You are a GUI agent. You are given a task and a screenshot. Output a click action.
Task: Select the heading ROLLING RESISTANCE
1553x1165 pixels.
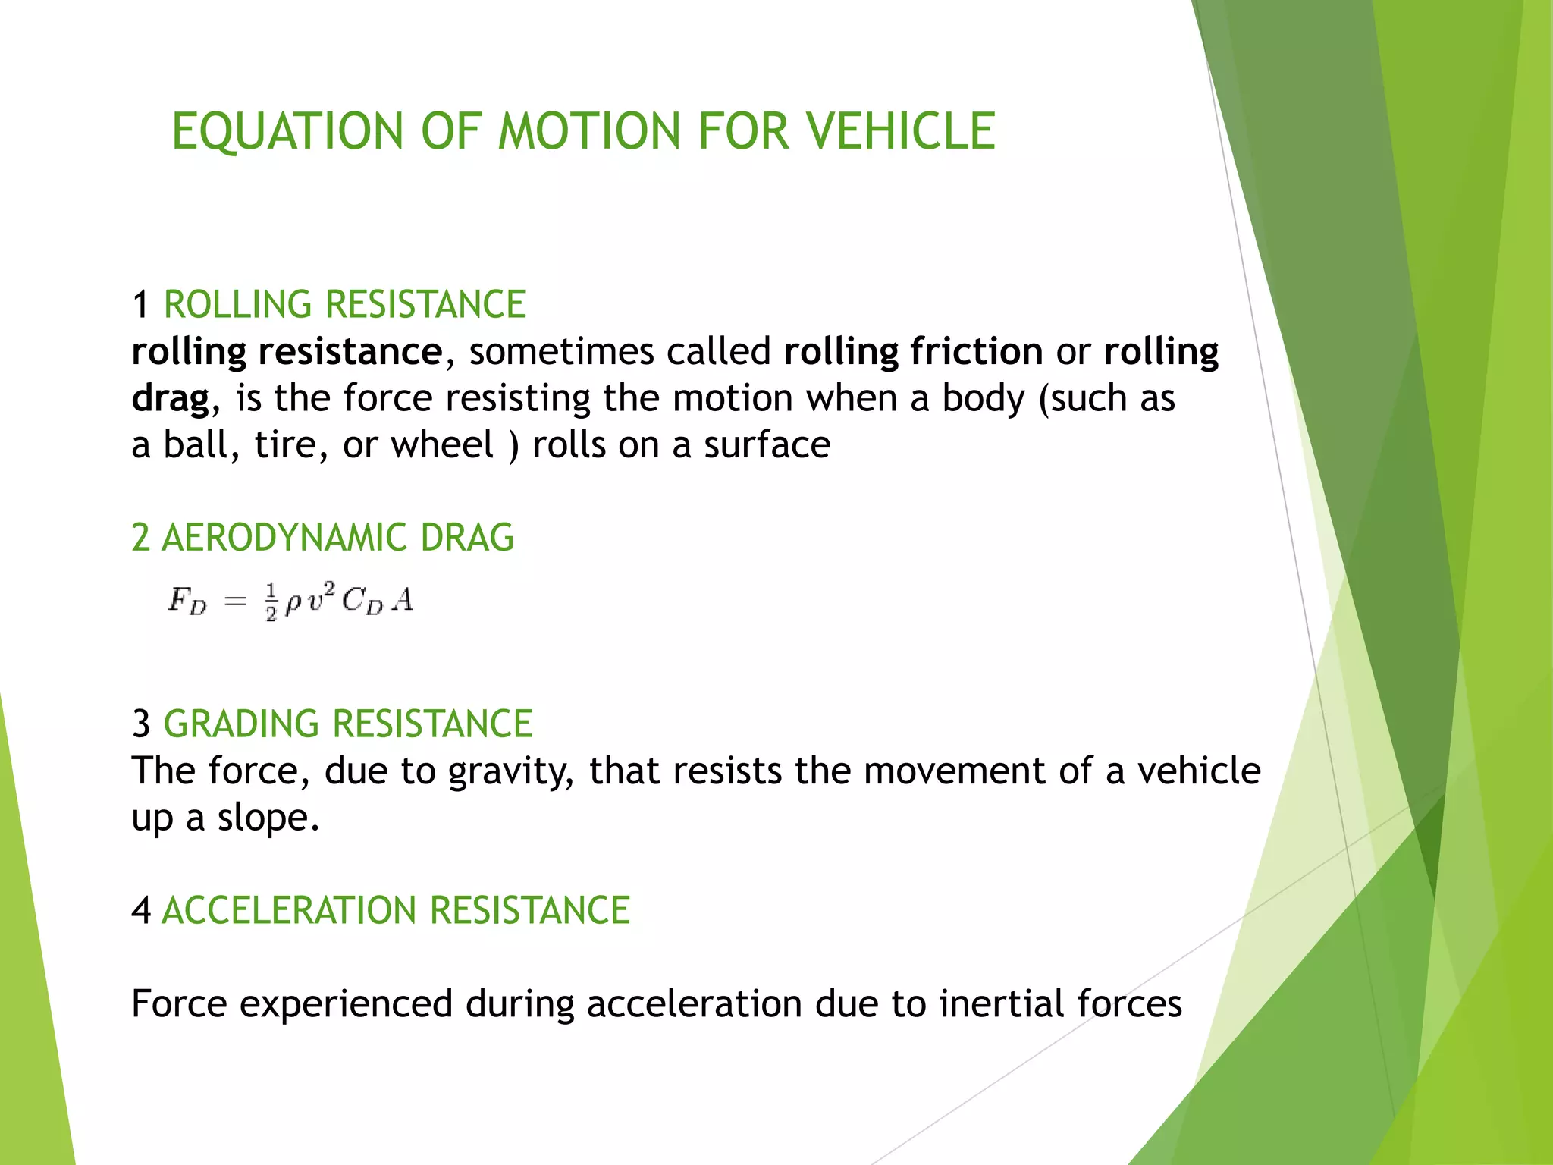point(344,305)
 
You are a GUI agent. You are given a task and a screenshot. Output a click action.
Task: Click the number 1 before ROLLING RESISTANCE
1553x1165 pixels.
point(140,305)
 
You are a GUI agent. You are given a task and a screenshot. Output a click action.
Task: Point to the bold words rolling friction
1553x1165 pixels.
point(913,351)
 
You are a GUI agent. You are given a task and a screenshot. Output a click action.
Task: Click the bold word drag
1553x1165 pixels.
point(170,398)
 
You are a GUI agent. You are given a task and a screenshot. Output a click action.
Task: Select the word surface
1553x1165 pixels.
point(767,444)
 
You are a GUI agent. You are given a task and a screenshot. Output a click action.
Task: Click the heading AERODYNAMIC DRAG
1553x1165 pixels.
point(337,538)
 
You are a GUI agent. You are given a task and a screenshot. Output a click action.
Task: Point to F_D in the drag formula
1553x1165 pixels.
point(187,601)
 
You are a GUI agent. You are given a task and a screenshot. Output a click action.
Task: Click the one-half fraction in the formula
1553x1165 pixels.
point(271,601)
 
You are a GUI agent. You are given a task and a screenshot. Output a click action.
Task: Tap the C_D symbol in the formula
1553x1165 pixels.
point(362,601)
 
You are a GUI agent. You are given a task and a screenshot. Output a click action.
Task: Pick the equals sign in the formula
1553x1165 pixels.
point(236,601)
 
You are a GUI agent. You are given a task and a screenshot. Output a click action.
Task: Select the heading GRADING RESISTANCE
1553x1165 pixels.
point(348,724)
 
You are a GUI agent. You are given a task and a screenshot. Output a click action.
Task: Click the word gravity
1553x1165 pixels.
point(510,772)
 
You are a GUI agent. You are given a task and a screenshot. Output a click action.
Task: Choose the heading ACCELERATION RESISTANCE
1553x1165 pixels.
point(396,911)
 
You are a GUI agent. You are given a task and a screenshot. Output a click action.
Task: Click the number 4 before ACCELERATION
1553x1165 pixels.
point(141,911)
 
